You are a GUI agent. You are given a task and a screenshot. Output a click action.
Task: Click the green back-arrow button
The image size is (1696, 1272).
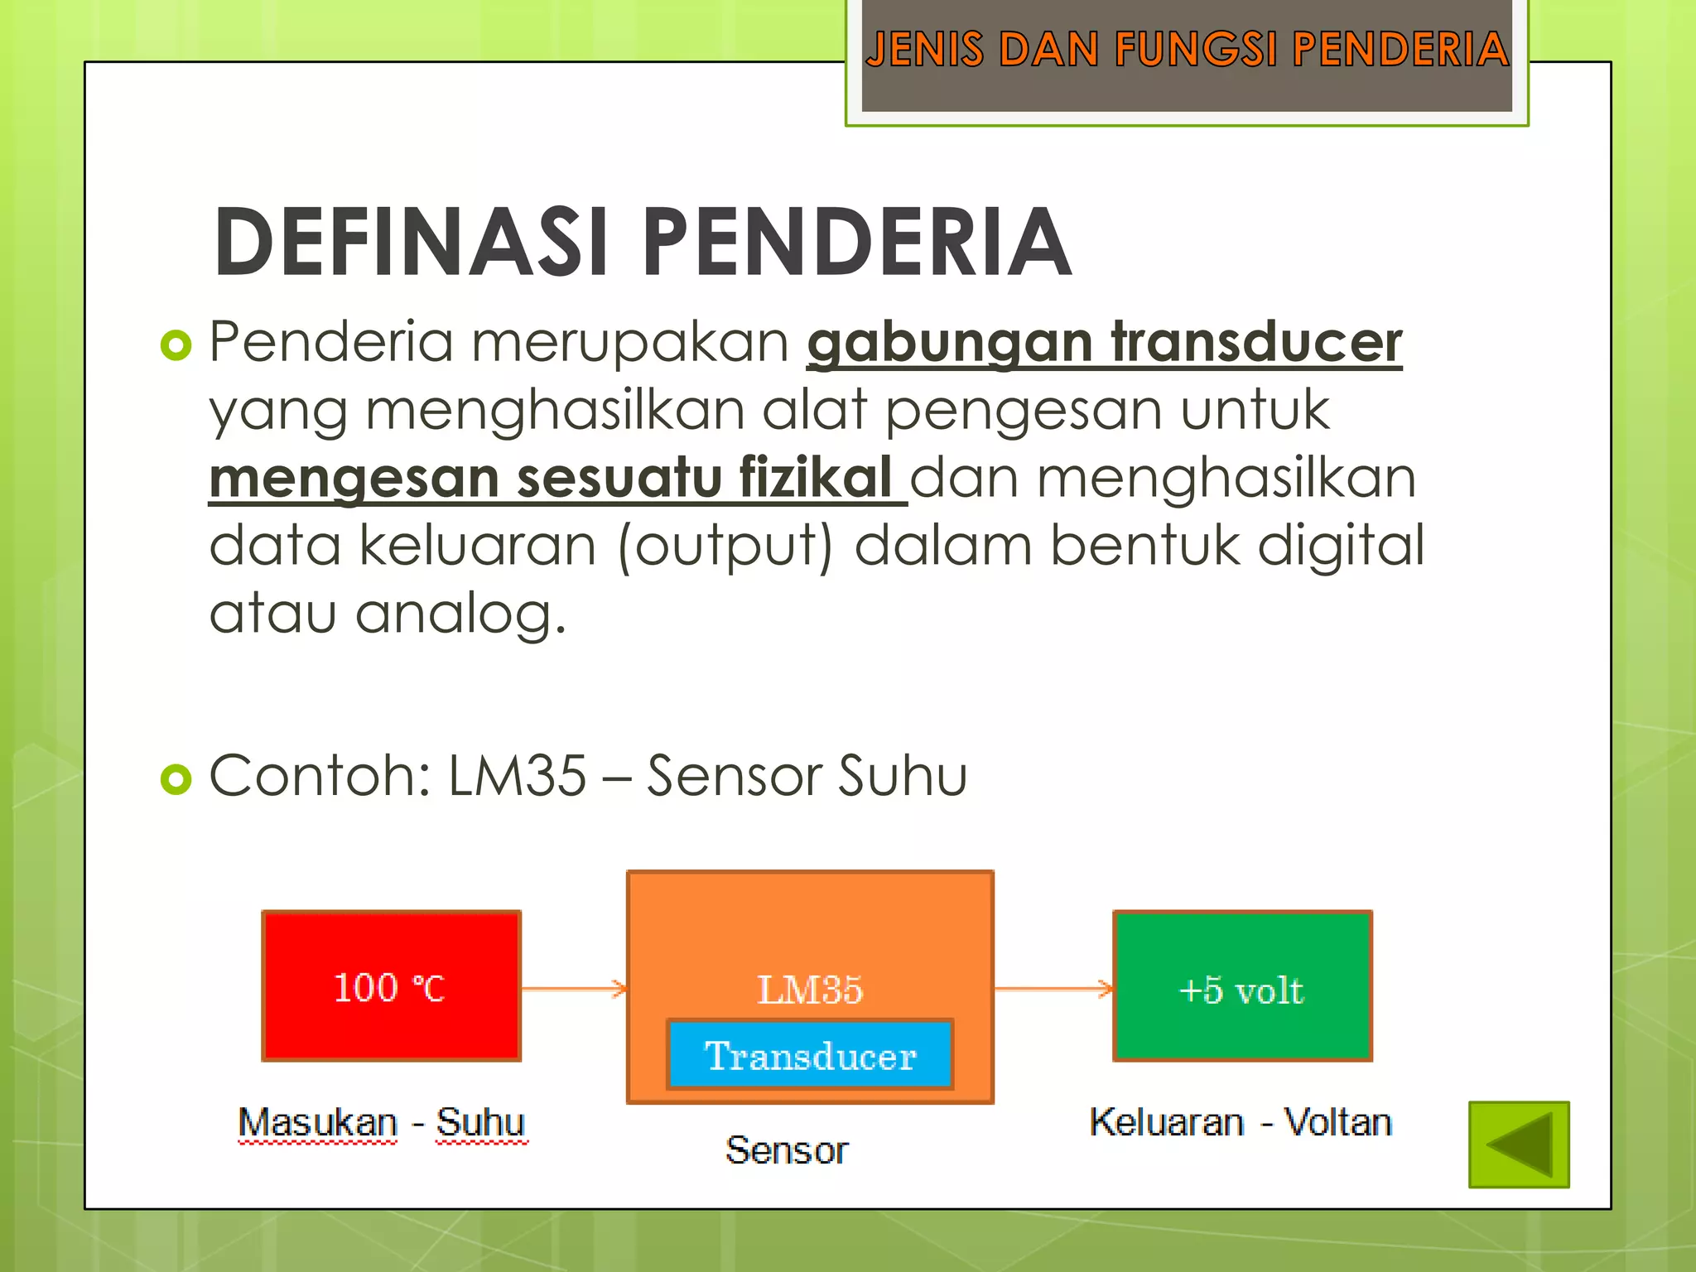pos(1519,1144)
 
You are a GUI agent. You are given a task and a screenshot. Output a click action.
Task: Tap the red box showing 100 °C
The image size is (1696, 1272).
pos(391,986)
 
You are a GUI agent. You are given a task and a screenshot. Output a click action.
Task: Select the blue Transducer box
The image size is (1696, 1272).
pos(810,1055)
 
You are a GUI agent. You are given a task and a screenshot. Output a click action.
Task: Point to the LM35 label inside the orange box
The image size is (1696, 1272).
pos(810,990)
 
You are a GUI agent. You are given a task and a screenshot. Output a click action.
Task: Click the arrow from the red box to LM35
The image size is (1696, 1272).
pos(574,988)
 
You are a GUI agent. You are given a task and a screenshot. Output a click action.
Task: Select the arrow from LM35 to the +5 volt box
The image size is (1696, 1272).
pos(1053,988)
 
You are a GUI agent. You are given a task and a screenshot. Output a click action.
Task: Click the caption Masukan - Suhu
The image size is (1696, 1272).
pos(382,1123)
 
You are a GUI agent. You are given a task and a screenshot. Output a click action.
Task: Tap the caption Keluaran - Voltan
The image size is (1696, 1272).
pos(1241,1123)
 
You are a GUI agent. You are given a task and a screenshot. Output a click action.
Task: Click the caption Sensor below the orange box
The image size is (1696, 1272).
pos(787,1150)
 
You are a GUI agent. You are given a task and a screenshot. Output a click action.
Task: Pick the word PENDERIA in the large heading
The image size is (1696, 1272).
pos(857,243)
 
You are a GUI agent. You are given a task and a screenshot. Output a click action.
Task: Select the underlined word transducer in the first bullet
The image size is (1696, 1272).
pos(1256,342)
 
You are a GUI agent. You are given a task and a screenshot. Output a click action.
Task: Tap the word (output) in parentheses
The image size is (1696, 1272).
pos(725,547)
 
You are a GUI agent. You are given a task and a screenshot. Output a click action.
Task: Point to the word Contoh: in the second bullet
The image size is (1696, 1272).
pos(320,776)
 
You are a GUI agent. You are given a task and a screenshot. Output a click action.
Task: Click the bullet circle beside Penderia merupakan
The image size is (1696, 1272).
pos(176,344)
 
